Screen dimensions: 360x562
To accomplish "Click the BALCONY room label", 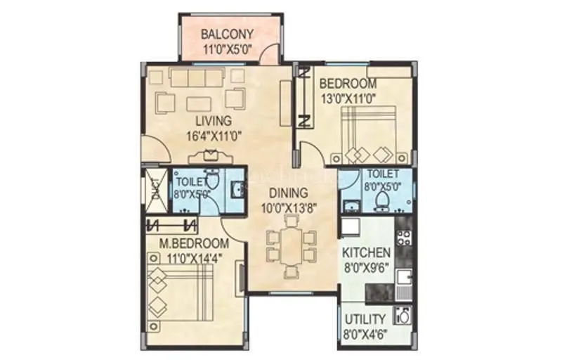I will [227, 34].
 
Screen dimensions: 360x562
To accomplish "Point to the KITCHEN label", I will [366, 252].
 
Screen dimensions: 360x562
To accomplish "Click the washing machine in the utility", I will [403, 316].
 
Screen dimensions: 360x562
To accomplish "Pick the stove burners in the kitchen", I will [403, 237].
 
